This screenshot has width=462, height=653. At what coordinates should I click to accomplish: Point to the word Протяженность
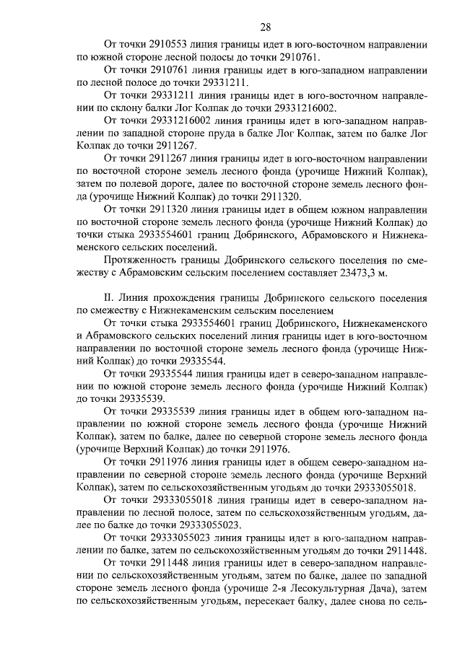pos(140,260)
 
